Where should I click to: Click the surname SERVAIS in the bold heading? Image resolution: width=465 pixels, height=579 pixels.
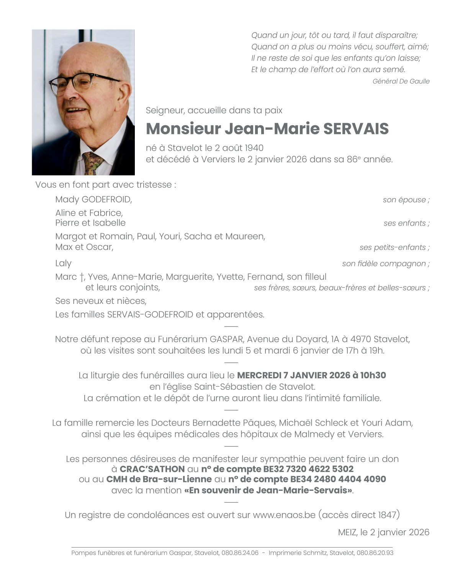click(356, 129)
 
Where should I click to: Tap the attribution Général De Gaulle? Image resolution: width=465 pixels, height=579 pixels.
click(401, 81)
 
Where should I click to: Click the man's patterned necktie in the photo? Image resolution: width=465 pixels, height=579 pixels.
click(92, 163)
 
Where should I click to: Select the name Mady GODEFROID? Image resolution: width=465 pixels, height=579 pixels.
click(93, 200)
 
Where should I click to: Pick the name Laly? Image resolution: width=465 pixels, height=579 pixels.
click(63, 264)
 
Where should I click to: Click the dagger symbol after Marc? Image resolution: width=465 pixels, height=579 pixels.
click(82, 277)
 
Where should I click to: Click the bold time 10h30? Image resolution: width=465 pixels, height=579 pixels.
click(373, 375)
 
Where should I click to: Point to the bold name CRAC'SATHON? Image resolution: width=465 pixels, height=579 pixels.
click(152, 469)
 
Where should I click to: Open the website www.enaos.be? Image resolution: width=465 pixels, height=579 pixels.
click(284, 515)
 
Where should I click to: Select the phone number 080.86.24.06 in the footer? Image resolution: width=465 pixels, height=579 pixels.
click(240, 553)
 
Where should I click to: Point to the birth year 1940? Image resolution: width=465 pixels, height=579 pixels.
click(254, 148)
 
